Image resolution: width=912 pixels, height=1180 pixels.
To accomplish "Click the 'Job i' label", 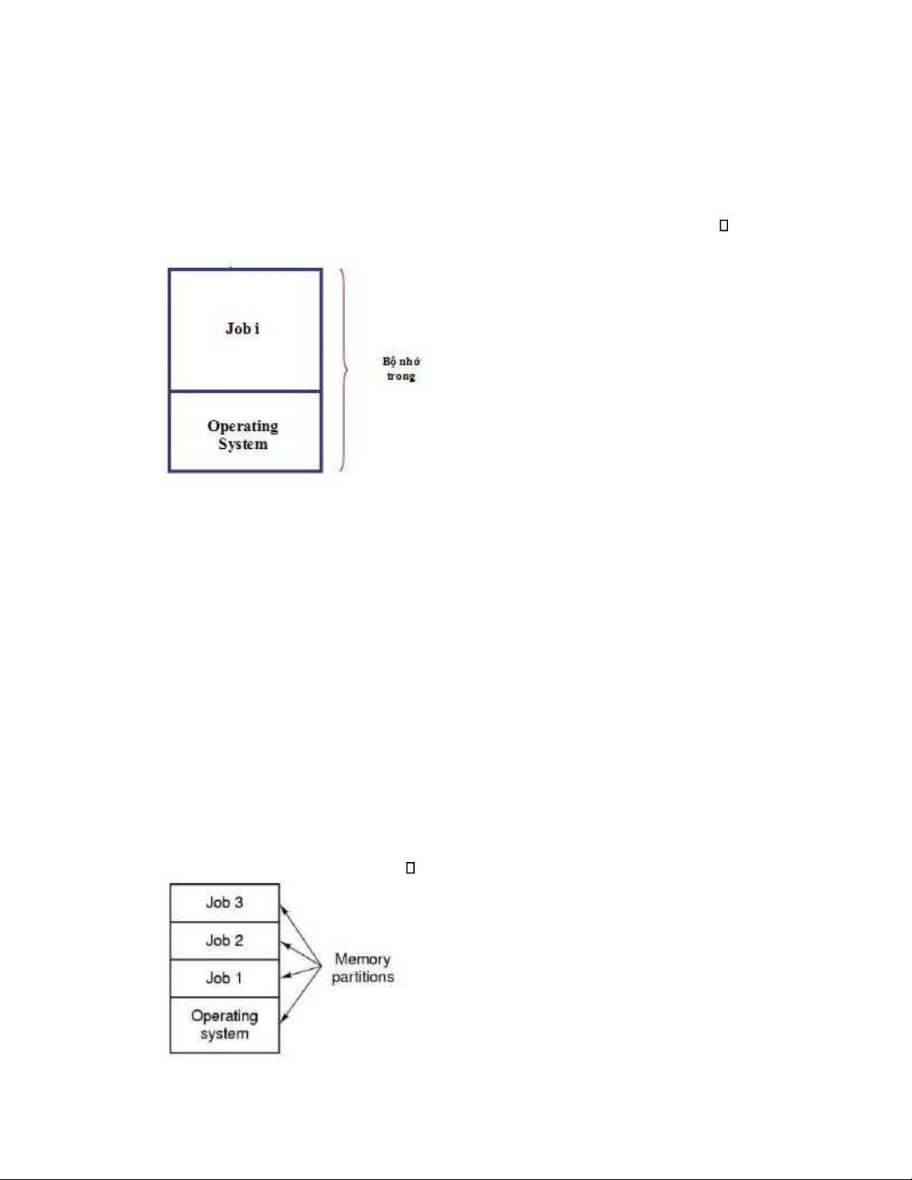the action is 242,328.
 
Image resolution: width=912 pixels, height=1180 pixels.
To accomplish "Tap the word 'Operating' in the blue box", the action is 243,427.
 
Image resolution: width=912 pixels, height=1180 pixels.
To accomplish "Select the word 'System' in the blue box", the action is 243,444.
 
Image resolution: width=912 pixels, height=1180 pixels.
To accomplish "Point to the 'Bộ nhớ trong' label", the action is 401,369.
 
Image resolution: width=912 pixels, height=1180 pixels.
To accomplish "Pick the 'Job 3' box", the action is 225,902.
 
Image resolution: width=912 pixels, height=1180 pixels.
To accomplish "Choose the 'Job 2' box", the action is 225,940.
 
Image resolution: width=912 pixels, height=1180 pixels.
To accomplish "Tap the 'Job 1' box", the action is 225,978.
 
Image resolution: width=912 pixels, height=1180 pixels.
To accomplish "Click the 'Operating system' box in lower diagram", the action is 225,1024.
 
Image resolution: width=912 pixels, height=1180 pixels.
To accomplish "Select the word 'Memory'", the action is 363,960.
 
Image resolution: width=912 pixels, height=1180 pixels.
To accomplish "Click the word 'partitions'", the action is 363,977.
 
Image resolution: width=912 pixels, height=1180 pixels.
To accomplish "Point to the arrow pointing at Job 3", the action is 301,935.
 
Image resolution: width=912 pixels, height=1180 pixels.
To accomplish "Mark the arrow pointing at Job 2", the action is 301,954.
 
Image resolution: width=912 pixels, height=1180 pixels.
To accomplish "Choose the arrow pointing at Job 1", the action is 301,972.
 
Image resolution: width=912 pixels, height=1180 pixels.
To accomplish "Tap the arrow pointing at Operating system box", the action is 301,995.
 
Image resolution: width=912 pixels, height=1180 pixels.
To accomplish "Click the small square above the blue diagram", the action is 724,226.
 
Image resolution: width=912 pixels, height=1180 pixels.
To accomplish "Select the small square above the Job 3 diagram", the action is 410,868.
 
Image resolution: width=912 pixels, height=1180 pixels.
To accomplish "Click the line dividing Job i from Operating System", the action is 246,391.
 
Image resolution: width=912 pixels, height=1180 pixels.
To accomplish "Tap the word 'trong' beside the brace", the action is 401,376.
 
